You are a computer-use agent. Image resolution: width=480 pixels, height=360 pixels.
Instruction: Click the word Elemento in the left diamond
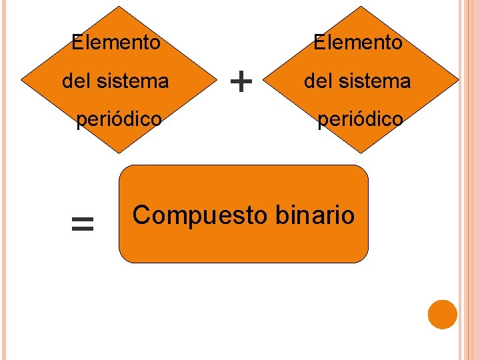pos(116,43)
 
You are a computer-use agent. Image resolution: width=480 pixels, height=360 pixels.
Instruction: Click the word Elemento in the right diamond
pos(358,43)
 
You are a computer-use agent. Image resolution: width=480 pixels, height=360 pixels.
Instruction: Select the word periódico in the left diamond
pos(119,119)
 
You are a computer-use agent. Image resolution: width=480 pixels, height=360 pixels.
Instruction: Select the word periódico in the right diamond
pos(360,119)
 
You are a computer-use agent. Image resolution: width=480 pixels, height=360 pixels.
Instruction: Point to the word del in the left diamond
pos(76,81)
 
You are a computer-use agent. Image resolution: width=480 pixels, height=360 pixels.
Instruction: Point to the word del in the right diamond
pos(318,81)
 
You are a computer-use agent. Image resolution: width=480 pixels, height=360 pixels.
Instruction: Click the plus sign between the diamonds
pos(241,82)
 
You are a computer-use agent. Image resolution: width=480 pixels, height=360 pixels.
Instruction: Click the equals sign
pos(82,225)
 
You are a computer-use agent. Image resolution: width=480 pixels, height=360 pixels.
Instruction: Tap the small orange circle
pos(442,315)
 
